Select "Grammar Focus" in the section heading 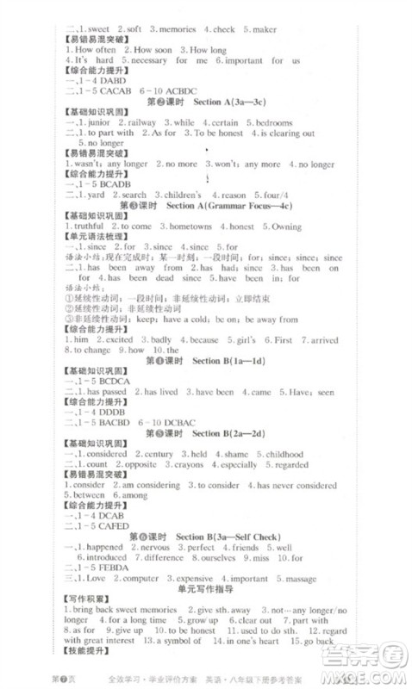click(x=235, y=206)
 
